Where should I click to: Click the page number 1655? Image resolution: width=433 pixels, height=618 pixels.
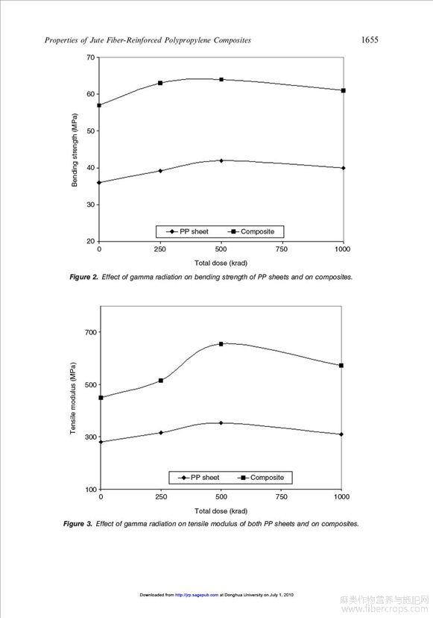[x=370, y=40]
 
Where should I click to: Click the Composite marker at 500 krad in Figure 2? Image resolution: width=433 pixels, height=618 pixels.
[x=221, y=80]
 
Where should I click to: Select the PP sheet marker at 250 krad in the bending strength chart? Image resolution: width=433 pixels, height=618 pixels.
[x=160, y=171]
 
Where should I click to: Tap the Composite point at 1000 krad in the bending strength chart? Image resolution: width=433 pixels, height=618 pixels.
[x=344, y=90]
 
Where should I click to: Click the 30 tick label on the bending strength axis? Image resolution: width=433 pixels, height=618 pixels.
[x=90, y=205]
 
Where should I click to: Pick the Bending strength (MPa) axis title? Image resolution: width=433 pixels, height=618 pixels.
[x=75, y=150]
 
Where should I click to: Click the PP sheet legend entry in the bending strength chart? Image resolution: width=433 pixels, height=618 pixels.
[x=187, y=231]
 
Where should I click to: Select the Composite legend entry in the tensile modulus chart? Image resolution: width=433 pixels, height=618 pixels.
[x=261, y=478]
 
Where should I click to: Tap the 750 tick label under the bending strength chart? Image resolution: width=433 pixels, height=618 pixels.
[x=282, y=249]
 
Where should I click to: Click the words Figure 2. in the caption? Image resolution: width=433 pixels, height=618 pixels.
[x=84, y=277]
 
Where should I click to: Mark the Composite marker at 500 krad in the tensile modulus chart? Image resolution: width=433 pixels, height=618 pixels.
[x=221, y=344]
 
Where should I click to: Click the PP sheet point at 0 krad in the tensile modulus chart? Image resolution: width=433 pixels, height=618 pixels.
[x=101, y=442]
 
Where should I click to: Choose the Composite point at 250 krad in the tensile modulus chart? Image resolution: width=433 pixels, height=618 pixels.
[x=161, y=381]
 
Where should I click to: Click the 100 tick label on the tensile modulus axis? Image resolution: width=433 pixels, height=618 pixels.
[x=90, y=490]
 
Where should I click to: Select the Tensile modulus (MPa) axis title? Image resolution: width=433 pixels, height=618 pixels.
[x=73, y=398]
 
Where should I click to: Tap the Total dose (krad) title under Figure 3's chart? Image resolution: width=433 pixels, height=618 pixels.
[x=221, y=511]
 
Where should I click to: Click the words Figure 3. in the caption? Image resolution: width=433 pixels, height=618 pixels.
[x=78, y=524]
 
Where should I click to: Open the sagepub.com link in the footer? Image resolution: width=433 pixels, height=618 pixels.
[x=197, y=595]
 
